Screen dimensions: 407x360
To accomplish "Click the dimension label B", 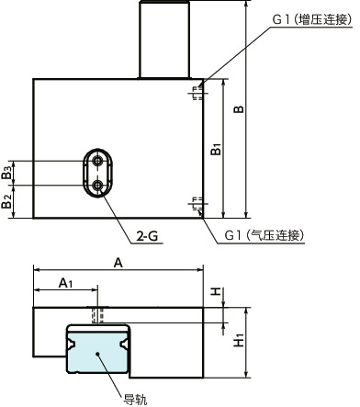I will [x=239, y=108].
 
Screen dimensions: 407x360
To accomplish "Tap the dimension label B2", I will [x=8, y=201].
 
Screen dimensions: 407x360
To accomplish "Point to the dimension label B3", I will [x=8, y=171].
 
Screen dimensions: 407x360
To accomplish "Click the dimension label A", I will [x=118, y=262].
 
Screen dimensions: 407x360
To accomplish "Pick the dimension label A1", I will [x=66, y=284].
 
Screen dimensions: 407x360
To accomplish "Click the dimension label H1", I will [x=239, y=340].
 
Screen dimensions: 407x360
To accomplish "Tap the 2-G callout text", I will [x=149, y=236].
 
